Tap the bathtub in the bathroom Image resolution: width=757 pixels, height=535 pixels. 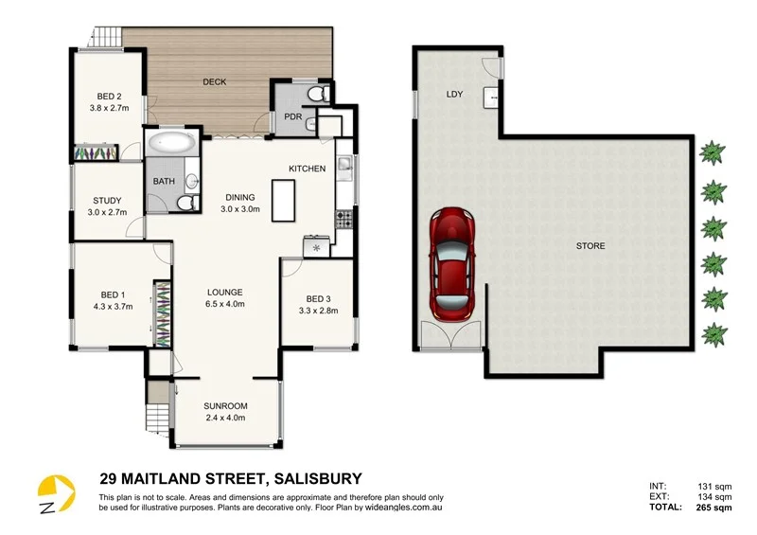coord(171,145)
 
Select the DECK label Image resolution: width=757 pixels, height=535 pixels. coord(215,82)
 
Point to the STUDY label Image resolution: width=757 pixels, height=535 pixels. coord(107,200)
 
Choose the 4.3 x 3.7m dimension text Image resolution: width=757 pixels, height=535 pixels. coord(113,306)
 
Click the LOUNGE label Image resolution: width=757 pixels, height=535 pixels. coord(225,292)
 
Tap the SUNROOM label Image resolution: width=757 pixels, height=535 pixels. coord(225,404)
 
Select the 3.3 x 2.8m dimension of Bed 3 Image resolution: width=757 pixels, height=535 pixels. coord(318,310)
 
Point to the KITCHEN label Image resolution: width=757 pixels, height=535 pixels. coord(308,169)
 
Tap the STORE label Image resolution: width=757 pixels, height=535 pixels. coord(590,246)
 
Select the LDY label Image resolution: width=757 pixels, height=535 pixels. coord(453,95)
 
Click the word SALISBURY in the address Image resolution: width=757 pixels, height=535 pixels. coord(317,479)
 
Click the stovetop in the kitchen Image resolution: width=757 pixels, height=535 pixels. coord(344,220)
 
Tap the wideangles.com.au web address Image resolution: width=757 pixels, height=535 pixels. coord(400,508)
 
